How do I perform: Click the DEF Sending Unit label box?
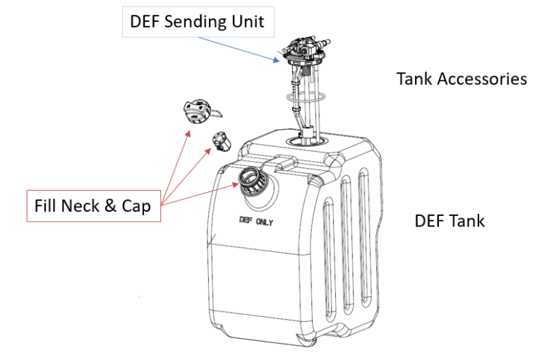[197, 22]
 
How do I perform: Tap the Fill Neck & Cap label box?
[92, 207]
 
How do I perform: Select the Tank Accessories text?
[462, 78]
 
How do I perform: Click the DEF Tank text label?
[449, 221]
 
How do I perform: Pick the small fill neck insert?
[220, 142]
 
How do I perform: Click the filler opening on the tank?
[251, 181]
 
